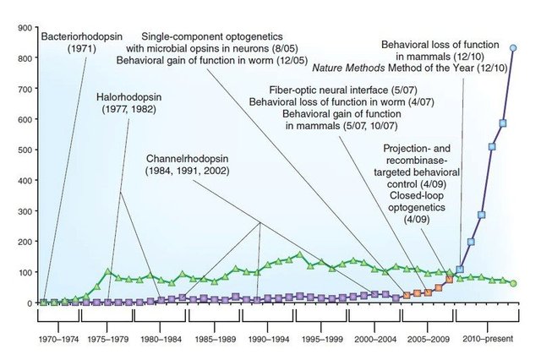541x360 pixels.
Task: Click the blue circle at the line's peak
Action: point(513,48)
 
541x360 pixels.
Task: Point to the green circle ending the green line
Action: point(513,283)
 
